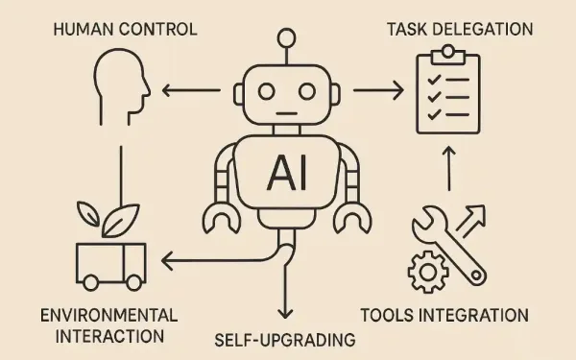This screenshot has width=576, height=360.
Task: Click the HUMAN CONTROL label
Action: click(127, 29)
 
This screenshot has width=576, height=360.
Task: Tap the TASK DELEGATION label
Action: click(460, 28)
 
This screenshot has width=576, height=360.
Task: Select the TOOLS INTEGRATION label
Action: click(457, 315)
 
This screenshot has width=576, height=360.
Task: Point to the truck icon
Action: click(110, 265)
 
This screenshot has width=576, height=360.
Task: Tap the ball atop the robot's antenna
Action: click(286, 38)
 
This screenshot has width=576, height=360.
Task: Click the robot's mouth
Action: click(286, 115)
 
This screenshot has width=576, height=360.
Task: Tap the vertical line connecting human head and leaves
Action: click(122, 173)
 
